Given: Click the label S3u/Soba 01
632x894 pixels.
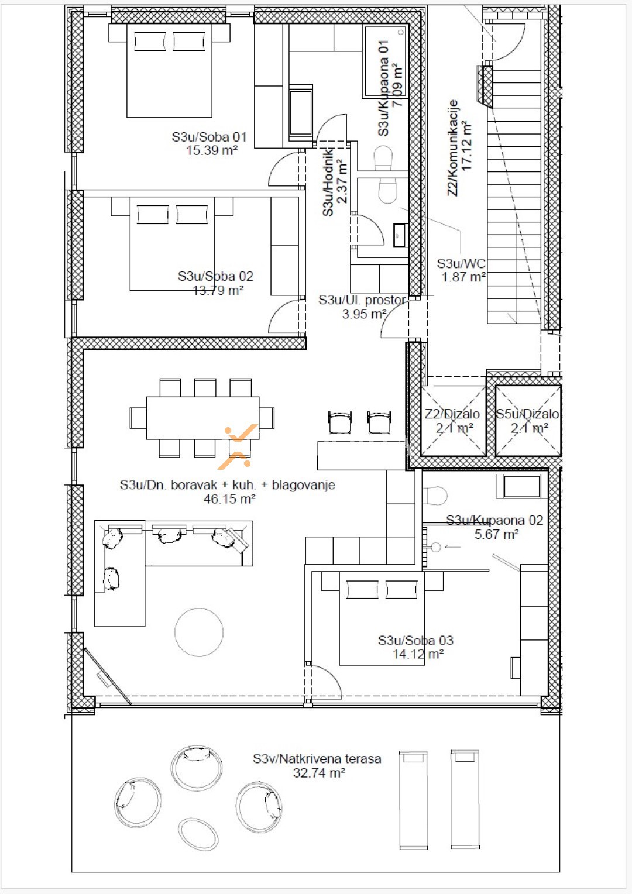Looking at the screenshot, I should pyautogui.click(x=209, y=137).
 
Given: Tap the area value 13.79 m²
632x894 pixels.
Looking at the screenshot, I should pyautogui.click(x=218, y=290).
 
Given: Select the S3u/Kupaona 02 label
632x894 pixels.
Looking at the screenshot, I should pyautogui.click(x=494, y=520).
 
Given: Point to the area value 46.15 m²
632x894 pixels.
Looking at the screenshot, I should pyautogui.click(x=229, y=499).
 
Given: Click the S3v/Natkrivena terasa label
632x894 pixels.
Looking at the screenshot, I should pyautogui.click(x=317, y=759).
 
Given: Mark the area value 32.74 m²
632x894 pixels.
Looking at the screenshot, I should pyautogui.click(x=319, y=773).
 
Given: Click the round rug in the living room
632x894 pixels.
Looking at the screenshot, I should pyautogui.click(x=199, y=632).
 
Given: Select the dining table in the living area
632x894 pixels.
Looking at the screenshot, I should pyautogui.click(x=202, y=417).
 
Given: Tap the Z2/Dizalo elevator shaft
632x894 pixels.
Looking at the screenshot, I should pyautogui.click(x=453, y=421).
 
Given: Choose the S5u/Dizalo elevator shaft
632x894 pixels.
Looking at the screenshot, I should pyautogui.click(x=528, y=421).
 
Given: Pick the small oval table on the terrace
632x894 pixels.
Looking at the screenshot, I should pyautogui.click(x=198, y=834).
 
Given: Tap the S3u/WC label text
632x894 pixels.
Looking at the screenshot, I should pyautogui.click(x=461, y=264).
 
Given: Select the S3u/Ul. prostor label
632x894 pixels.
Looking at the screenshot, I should pyautogui.click(x=362, y=300).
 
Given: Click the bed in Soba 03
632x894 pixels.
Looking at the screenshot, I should pyautogui.click(x=382, y=620).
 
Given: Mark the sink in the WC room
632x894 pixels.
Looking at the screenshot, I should pyautogui.click(x=400, y=236).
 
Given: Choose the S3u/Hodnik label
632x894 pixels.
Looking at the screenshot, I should pyautogui.click(x=328, y=182).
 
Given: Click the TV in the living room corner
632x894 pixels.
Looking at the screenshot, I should pyautogui.click(x=107, y=676).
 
